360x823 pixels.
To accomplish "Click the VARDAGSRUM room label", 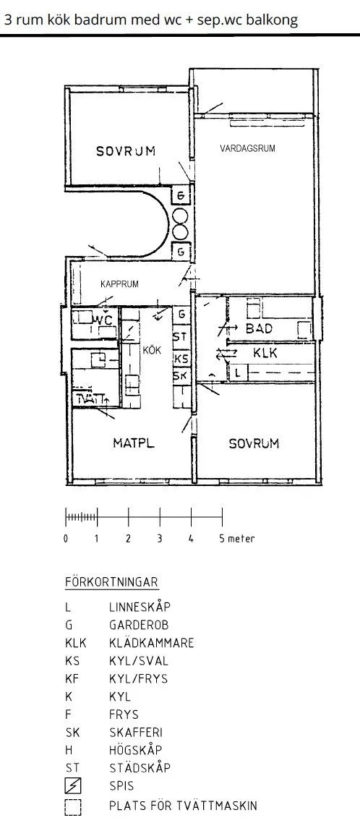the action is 247,148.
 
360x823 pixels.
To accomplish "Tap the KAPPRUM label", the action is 120,284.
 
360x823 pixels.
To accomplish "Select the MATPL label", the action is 134,443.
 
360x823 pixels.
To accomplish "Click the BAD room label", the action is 260,328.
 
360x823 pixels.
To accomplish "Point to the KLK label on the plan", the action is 265,353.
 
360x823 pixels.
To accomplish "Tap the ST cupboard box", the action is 181,336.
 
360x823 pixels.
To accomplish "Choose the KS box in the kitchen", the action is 181,359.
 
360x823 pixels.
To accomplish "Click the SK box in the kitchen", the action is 181,376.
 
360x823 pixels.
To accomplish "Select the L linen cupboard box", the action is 239,374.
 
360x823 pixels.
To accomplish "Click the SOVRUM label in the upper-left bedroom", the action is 126,151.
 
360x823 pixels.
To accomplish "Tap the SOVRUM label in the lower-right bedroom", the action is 254,443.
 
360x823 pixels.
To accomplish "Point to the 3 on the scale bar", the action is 160,539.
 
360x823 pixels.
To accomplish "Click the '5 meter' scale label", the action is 237,539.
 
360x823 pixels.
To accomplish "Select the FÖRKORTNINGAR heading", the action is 112,582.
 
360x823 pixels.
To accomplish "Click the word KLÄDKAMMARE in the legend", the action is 152,642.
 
